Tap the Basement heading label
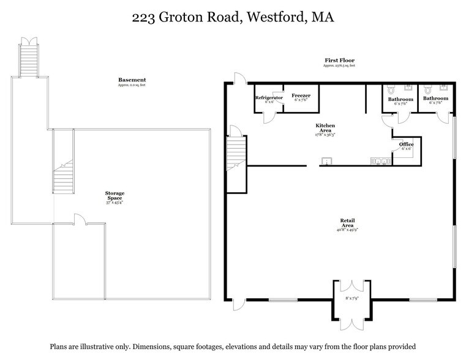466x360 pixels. (132, 80)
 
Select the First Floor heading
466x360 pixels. (339, 61)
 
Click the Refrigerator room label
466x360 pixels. (268, 97)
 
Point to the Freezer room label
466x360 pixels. (301, 96)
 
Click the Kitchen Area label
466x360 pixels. (325, 127)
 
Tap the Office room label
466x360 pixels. (406, 144)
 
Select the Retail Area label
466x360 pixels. (347, 223)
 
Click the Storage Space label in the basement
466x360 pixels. (115, 196)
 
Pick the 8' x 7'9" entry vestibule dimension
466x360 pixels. (351, 298)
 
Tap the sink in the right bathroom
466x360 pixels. (443, 87)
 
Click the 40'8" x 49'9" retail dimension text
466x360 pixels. (347, 231)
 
